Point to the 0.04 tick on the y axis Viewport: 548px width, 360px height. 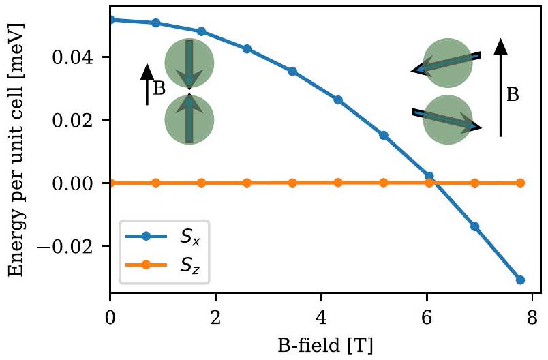pos(81,57)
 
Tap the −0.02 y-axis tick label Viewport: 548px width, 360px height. pos(74,246)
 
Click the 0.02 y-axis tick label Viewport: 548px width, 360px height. pos(81,120)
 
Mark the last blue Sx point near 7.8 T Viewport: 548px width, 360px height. pos(521,280)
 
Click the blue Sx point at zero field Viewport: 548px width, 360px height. pos(110,19)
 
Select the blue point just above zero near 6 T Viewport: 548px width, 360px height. pos(429,176)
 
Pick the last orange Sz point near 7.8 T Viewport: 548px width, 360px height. pos(521,183)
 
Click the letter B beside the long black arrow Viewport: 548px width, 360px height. pos(513,95)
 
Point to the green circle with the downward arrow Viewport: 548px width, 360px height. pos(189,63)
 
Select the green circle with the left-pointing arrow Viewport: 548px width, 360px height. pos(447,63)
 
